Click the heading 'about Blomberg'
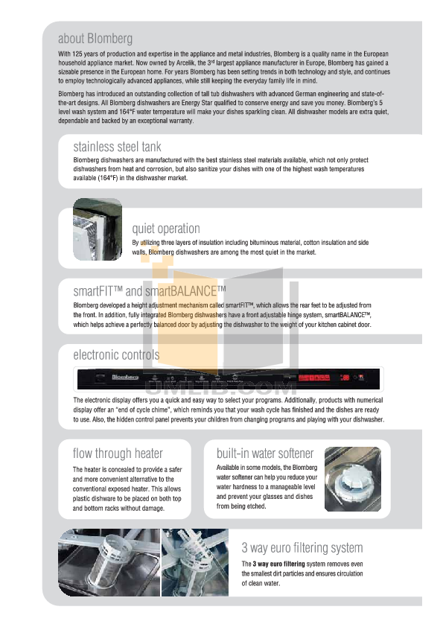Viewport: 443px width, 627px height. (x=95, y=38)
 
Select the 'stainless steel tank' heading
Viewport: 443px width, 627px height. (x=117, y=147)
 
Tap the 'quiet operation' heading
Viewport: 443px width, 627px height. (x=166, y=229)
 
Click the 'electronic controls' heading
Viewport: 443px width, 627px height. (x=116, y=354)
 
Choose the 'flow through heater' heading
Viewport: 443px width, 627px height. (x=118, y=453)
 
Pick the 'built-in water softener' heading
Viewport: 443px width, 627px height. (x=265, y=453)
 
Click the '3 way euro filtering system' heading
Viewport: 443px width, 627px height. (x=303, y=548)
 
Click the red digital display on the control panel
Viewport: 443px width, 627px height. (x=313, y=378)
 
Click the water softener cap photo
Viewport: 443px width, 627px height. (x=352, y=479)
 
